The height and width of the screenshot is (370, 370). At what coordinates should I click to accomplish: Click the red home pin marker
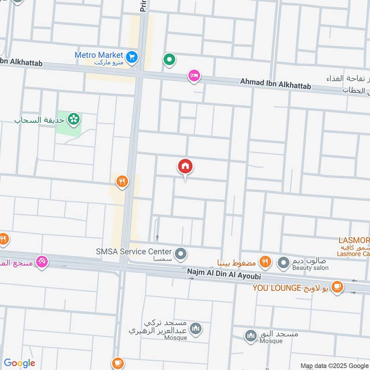[x=185, y=166]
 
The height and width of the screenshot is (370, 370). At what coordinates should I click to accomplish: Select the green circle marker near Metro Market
[x=169, y=59]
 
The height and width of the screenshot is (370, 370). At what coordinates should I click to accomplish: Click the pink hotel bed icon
[x=194, y=75]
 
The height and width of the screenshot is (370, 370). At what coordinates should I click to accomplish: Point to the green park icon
[x=73, y=120]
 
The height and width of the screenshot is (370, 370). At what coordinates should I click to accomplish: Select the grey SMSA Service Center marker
[x=181, y=253]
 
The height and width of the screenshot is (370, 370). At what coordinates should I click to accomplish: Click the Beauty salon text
[x=310, y=268]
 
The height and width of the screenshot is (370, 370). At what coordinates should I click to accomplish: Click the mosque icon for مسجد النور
[x=251, y=335]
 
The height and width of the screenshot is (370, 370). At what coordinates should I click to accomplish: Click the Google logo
[x=19, y=363]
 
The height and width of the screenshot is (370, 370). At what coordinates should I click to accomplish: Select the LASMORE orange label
[x=354, y=240]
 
